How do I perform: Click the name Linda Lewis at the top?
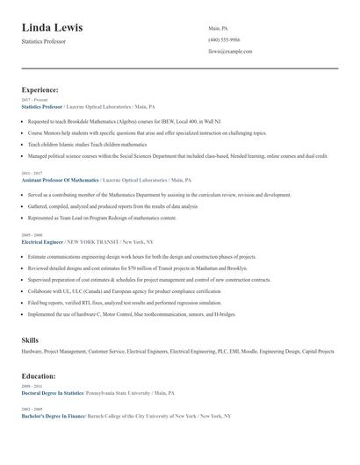[x=60, y=26]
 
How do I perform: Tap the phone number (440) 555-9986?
[x=224, y=39]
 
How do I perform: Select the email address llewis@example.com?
[x=230, y=52]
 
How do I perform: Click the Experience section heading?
[x=40, y=89]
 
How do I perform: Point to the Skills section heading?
[x=30, y=338]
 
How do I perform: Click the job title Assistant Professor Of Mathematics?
[x=60, y=179]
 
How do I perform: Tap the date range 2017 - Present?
[x=35, y=100]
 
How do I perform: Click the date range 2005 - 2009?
[x=31, y=235]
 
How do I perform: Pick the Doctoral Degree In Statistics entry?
[x=58, y=394]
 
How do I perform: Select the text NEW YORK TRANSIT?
[x=93, y=240]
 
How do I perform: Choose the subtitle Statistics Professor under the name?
[x=43, y=41]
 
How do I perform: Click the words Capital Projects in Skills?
[x=316, y=351]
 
